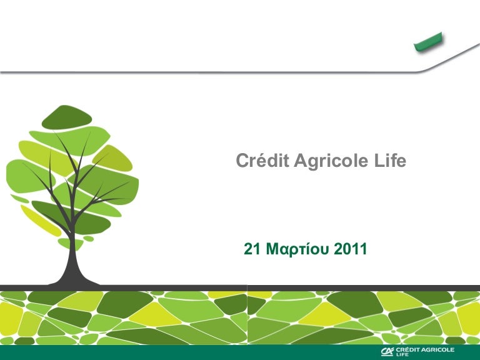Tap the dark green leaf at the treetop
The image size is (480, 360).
tap(66, 116)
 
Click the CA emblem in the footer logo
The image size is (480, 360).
tap(387, 352)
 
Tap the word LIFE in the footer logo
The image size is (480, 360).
tap(403, 355)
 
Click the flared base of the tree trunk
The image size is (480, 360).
tap(76, 278)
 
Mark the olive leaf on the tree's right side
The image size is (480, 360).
tap(116, 158)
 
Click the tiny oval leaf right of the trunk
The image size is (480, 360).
tap(89, 238)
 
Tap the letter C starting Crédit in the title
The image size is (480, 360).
tap(241, 161)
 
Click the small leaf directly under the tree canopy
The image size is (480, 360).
tap(66, 242)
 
